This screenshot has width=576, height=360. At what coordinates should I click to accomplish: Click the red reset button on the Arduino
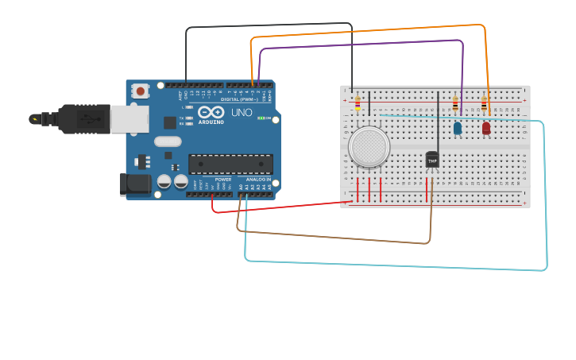141,91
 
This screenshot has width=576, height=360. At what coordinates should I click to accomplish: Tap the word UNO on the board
242,112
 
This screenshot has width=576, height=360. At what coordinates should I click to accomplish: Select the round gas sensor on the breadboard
369,147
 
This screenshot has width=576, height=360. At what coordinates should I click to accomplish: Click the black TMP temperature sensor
432,160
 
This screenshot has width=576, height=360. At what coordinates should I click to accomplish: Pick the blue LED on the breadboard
458,128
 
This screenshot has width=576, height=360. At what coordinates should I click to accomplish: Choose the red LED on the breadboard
486,127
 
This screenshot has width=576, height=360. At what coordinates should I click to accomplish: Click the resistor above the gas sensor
358,103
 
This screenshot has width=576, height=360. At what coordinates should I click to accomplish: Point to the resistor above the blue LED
455,103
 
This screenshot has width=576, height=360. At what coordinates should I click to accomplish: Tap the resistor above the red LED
484,103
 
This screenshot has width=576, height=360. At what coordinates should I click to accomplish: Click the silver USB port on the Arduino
129,119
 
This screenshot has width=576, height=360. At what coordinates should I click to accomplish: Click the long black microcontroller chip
230,164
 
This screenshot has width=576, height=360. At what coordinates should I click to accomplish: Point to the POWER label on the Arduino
223,180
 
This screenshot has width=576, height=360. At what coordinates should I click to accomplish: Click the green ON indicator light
261,118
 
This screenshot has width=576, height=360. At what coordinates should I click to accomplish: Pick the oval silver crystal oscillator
168,141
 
